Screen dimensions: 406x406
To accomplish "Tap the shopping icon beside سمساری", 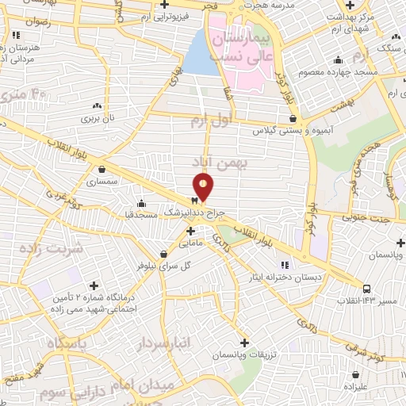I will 101,169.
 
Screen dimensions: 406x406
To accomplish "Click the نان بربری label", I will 97,118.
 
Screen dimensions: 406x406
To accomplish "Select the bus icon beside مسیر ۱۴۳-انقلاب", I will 366,289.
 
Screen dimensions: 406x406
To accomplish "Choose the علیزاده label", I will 355,386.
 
